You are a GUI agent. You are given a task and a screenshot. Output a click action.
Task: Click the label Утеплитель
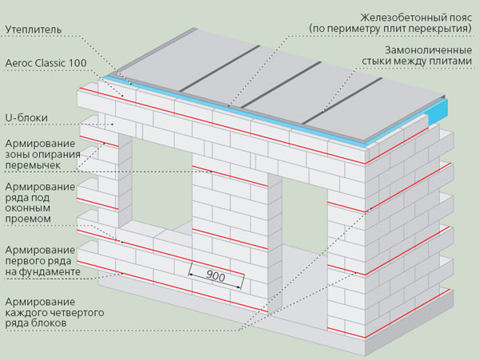32,30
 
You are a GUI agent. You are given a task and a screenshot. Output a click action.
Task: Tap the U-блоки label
26,118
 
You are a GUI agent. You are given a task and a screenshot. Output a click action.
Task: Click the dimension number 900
213,277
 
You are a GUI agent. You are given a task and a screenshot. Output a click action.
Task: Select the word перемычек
36,167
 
